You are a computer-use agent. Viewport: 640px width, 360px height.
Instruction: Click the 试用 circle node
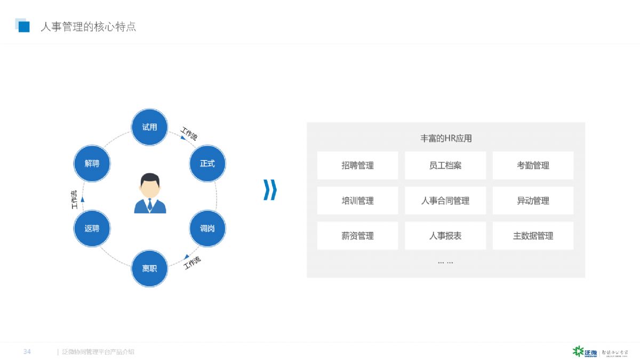(x=149, y=127)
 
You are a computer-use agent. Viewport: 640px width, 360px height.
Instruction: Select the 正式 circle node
(x=207, y=164)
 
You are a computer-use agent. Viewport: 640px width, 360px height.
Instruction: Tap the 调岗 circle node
(x=207, y=229)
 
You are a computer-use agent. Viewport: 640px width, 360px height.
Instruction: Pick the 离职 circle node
(x=149, y=269)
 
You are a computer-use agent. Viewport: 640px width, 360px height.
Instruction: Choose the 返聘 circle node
(x=92, y=229)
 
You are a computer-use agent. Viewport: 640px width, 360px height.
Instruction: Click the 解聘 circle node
(x=92, y=164)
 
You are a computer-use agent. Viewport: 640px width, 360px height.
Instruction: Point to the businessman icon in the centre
(x=150, y=193)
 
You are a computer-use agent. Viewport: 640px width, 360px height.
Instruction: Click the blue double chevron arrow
(x=270, y=190)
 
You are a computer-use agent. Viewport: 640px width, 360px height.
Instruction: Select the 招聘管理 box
(x=357, y=165)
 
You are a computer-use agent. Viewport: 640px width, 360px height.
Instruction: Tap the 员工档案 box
(x=445, y=165)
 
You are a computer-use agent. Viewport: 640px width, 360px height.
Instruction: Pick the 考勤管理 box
(x=533, y=165)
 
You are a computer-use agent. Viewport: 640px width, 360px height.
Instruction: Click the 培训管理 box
(x=357, y=201)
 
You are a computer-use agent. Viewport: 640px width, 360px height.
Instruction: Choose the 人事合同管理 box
(x=445, y=201)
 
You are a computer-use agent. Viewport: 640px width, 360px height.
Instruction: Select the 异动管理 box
(x=533, y=201)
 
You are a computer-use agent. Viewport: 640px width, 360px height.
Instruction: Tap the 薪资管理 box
(x=357, y=236)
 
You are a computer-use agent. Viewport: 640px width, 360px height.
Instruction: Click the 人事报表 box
(x=445, y=236)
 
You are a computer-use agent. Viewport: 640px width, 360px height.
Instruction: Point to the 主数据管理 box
(x=533, y=236)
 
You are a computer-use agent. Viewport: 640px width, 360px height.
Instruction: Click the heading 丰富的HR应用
(x=446, y=139)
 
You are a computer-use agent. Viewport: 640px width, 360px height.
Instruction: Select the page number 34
(x=27, y=351)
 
